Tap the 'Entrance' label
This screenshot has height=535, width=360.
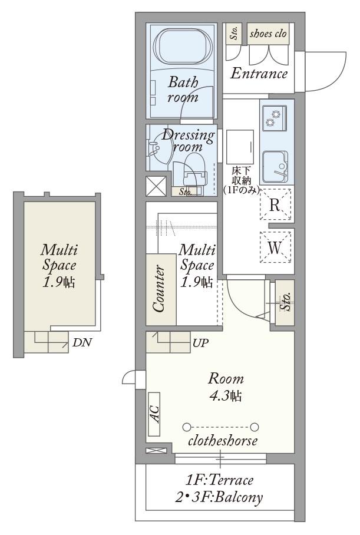click(259, 74)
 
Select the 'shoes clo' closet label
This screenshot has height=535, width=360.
click(268, 34)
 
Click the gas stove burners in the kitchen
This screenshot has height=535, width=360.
click(275, 118)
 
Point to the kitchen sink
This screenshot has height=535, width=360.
click(275, 167)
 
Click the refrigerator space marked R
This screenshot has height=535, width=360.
click(275, 204)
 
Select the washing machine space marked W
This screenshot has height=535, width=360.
click(275, 247)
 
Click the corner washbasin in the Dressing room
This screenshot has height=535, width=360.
click(158, 150)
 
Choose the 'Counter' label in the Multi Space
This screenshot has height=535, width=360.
click(160, 289)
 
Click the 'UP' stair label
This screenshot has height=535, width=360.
click(200, 343)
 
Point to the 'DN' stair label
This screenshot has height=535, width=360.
click(81, 342)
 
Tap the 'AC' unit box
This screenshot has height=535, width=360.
click(154, 414)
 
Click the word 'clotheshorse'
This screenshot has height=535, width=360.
click(223, 441)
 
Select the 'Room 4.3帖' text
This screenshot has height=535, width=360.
click(226, 387)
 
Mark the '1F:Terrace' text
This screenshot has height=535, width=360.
click(219, 480)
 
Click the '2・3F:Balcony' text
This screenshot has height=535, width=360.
click(219, 497)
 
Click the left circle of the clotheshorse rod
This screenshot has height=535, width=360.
click(186, 427)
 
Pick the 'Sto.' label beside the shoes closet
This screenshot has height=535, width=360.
click(234, 33)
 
